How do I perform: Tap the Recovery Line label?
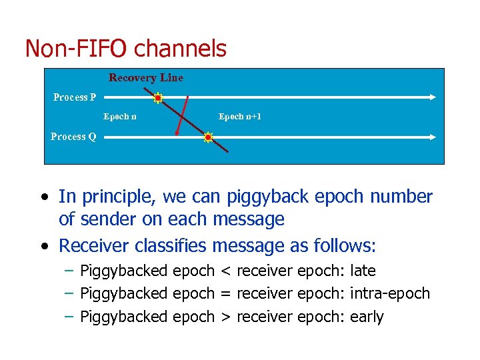click(146, 78)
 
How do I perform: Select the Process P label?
click(75, 97)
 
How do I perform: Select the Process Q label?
click(73, 137)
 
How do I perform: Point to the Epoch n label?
click(120, 117)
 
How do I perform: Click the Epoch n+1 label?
click(240, 117)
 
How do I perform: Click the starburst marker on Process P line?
click(158, 98)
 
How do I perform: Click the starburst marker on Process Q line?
click(208, 138)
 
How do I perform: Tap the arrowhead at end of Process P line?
click(433, 97)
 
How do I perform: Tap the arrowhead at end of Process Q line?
click(433, 137)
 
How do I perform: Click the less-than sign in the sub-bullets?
click(225, 271)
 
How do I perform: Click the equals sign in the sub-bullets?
click(225, 293)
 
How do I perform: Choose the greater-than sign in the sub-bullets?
click(225, 316)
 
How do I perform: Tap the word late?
click(363, 271)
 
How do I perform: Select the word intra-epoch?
click(390, 293)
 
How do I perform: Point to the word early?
click(367, 316)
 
